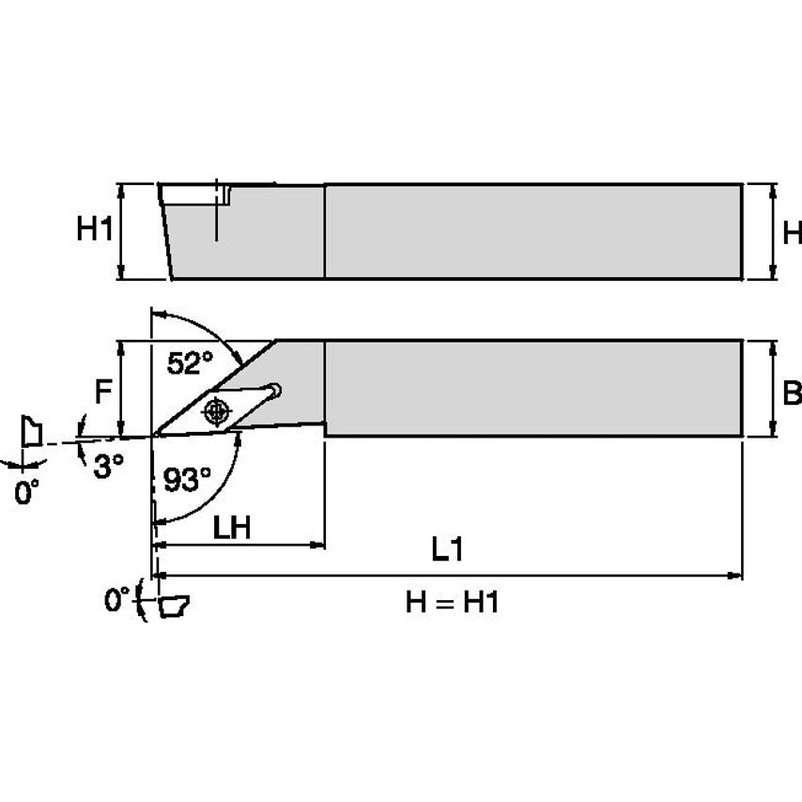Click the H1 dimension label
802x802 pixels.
[x=93, y=230]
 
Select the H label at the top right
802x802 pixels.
[x=792, y=231]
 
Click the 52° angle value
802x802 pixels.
[x=190, y=362]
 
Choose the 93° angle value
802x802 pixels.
[x=189, y=480]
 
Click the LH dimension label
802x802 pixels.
[x=231, y=527]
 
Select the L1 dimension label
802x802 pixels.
[x=447, y=550]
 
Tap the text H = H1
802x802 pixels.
[x=451, y=602]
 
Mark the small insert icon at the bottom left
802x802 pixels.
[x=171, y=606]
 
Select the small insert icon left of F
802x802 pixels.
[x=30, y=433]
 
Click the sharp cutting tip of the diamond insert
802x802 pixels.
[x=154, y=435]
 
